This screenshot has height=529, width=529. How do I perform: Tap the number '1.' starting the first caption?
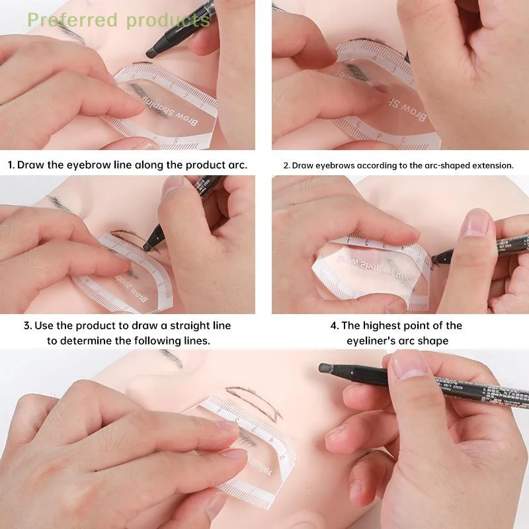(x=11, y=165)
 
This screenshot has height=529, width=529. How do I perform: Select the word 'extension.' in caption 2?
(x=491, y=165)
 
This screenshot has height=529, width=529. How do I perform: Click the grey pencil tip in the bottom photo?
(x=325, y=368)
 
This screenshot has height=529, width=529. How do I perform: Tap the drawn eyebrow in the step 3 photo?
(x=129, y=235)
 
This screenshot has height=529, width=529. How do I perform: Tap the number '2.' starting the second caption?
(x=286, y=165)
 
